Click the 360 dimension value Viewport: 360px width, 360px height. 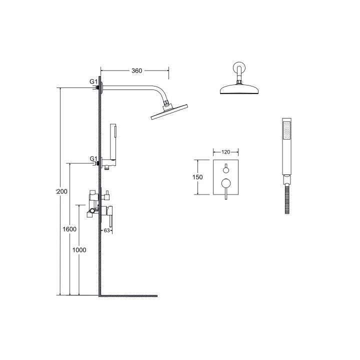tap(137, 71)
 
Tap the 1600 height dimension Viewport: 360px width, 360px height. tap(70, 229)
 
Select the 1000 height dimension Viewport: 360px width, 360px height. tap(79, 250)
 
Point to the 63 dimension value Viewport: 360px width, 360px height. tap(106, 230)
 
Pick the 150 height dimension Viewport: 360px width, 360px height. tap(198, 177)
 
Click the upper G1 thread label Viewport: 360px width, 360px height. tap(93, 81)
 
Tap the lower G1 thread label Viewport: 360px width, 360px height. tap(93, 158)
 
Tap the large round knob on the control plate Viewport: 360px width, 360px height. tap(225, 183)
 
